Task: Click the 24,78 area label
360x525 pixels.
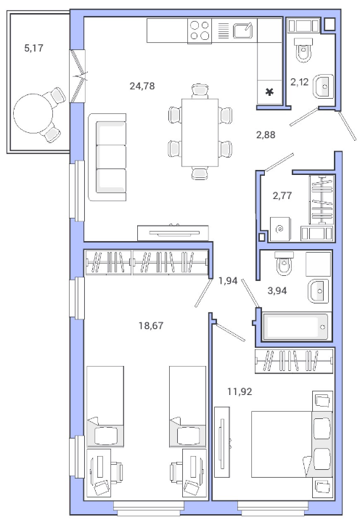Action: click(142, 86)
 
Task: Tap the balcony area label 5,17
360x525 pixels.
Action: click(34, 48)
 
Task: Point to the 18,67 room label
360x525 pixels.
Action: click(151, 325)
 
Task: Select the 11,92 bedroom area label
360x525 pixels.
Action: click(240, 391)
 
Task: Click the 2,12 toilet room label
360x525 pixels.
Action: click(299, 82)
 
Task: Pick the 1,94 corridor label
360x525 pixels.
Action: click(228, 280)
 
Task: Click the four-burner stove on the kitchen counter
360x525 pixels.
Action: click(200, 30)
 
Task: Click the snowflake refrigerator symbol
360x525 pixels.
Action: click(269, 91)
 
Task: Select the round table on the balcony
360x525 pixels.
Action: click(33, 113)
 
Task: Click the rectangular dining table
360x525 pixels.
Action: click(200, 132)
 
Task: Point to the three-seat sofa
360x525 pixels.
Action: click(107, 157)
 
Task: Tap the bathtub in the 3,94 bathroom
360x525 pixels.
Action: click(295, 326)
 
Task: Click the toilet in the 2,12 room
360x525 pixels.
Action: click(304, 49)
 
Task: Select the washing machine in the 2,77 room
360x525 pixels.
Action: click(280, 229)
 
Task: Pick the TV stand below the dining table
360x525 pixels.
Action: click(173, 232)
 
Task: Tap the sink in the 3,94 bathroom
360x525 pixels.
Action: click(319, 290)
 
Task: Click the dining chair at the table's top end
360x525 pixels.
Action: click(200, 91)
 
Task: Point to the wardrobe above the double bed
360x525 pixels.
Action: click(294, 361)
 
